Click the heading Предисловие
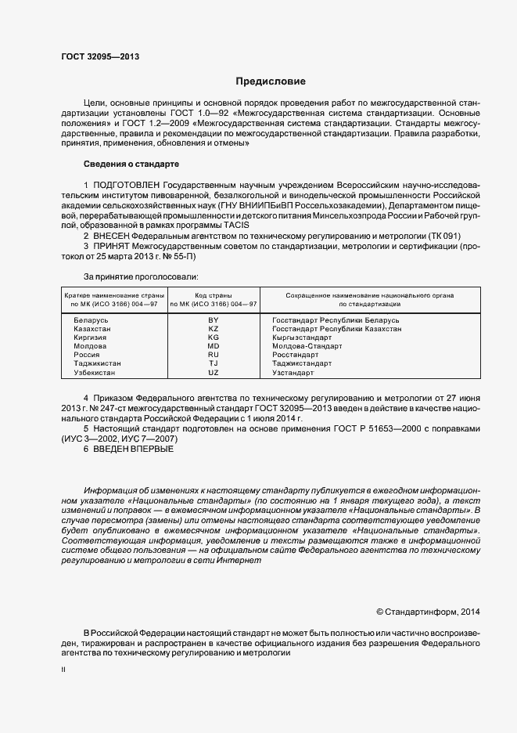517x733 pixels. [x=271, y=81]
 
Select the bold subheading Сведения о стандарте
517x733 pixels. [x=131, y=164]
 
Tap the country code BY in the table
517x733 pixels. [x=214, y=321]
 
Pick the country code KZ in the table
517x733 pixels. [x=214, y=330]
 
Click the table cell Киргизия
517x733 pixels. [x=92, y=338]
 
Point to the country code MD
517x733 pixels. [x=214, y=346]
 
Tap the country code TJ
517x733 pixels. [x=214, y=363]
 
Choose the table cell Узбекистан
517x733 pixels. [x=94, y=372]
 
